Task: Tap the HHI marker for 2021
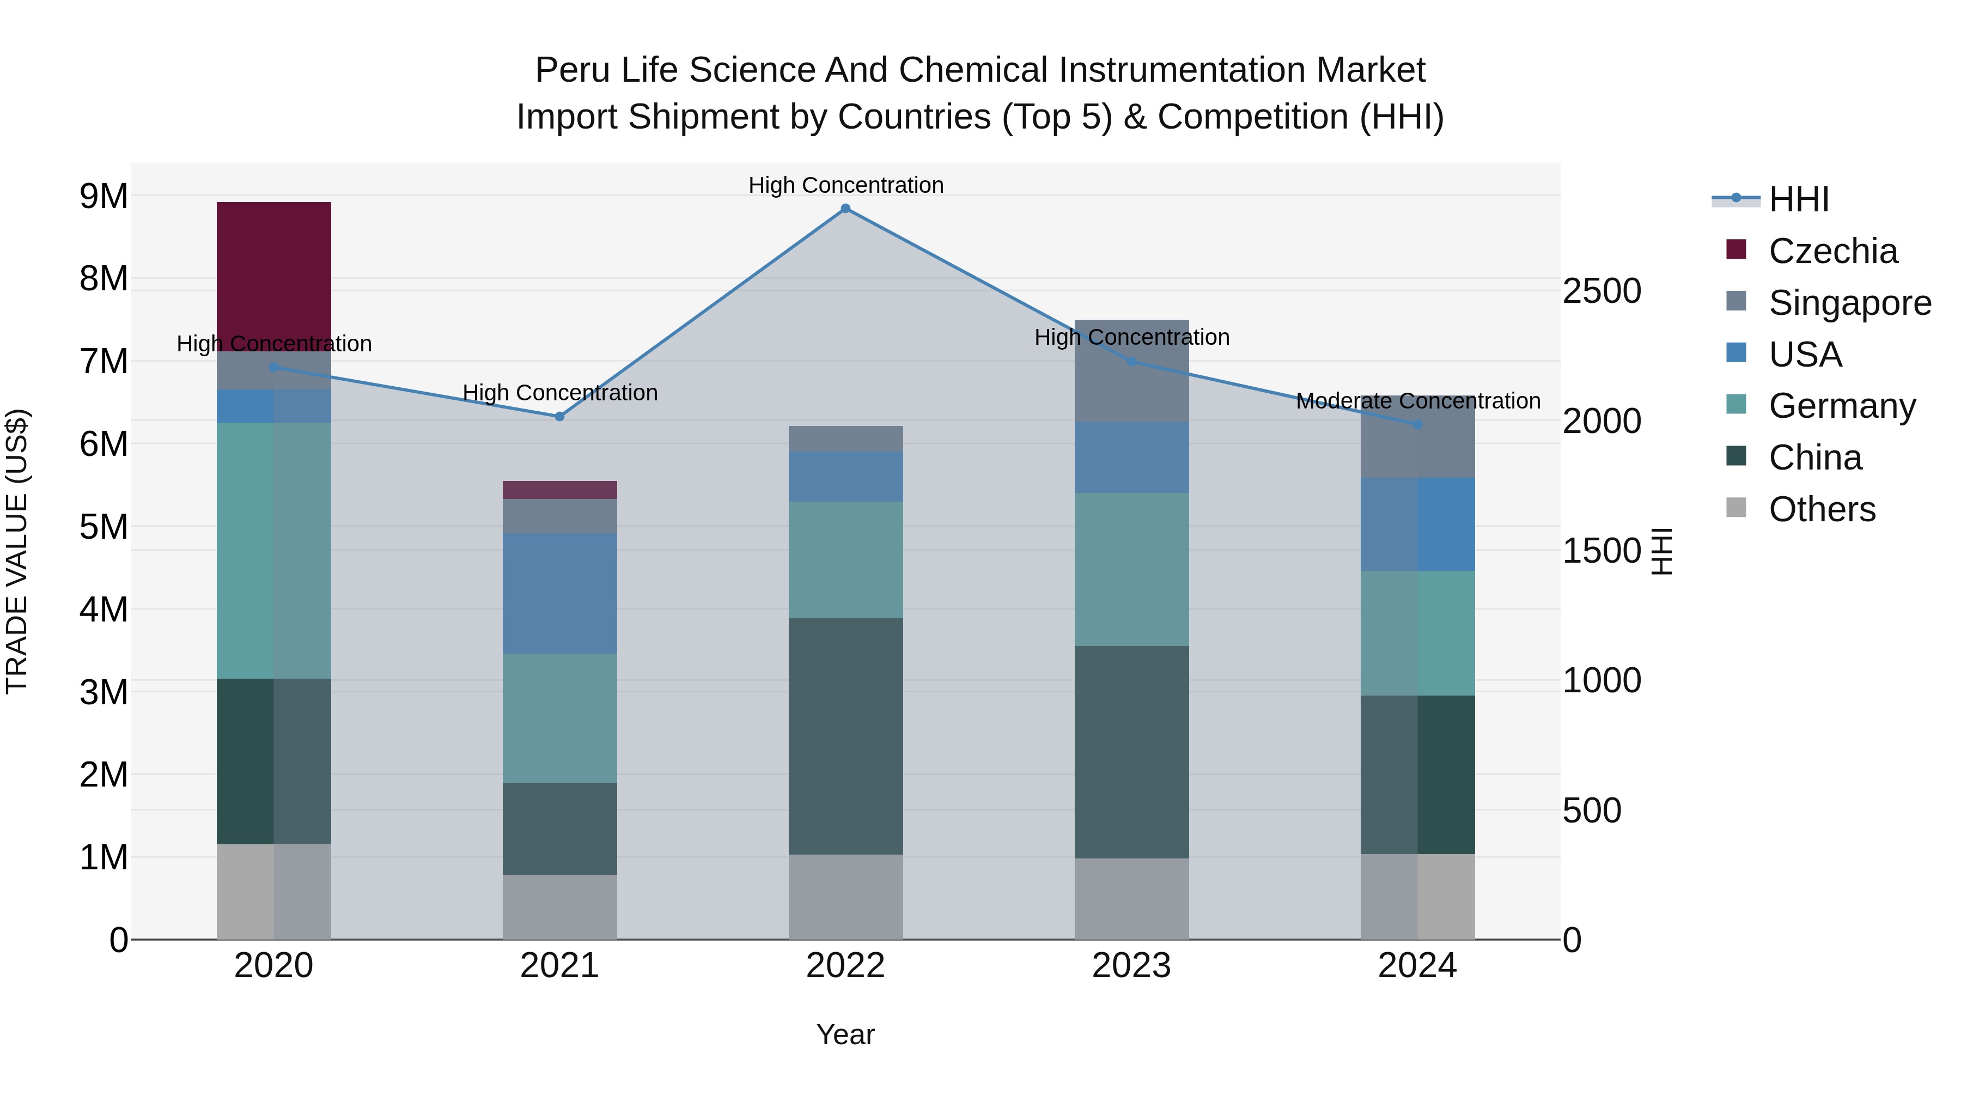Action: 559,416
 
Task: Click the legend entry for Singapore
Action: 1849,303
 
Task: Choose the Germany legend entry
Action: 1842,406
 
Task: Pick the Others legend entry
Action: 1822,509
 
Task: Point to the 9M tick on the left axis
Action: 103,197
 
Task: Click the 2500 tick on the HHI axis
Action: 1601,291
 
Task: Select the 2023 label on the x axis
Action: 1131,966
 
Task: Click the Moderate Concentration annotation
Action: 1417,400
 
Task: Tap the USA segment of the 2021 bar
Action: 559,593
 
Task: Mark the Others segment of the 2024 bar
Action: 1417,896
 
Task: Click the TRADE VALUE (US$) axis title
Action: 17,551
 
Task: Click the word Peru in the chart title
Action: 573,70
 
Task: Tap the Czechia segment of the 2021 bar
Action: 559,490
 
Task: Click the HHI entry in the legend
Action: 1798,199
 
